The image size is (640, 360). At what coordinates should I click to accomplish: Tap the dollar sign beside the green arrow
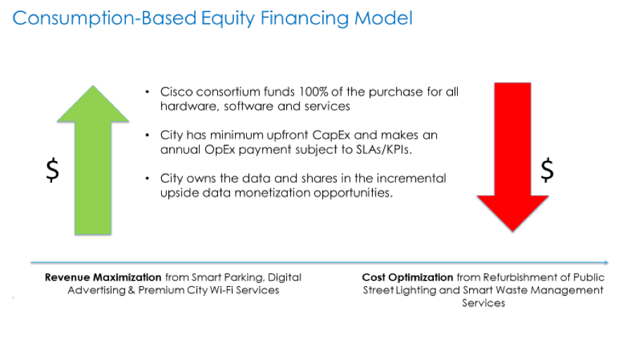click(51, 171)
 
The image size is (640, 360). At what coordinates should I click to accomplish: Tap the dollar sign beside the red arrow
click(547, 169)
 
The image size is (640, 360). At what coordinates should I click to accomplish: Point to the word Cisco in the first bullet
click(177, 92)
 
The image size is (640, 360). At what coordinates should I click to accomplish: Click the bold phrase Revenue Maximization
click(103, 277)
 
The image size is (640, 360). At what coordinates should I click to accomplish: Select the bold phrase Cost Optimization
click(407, 277)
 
